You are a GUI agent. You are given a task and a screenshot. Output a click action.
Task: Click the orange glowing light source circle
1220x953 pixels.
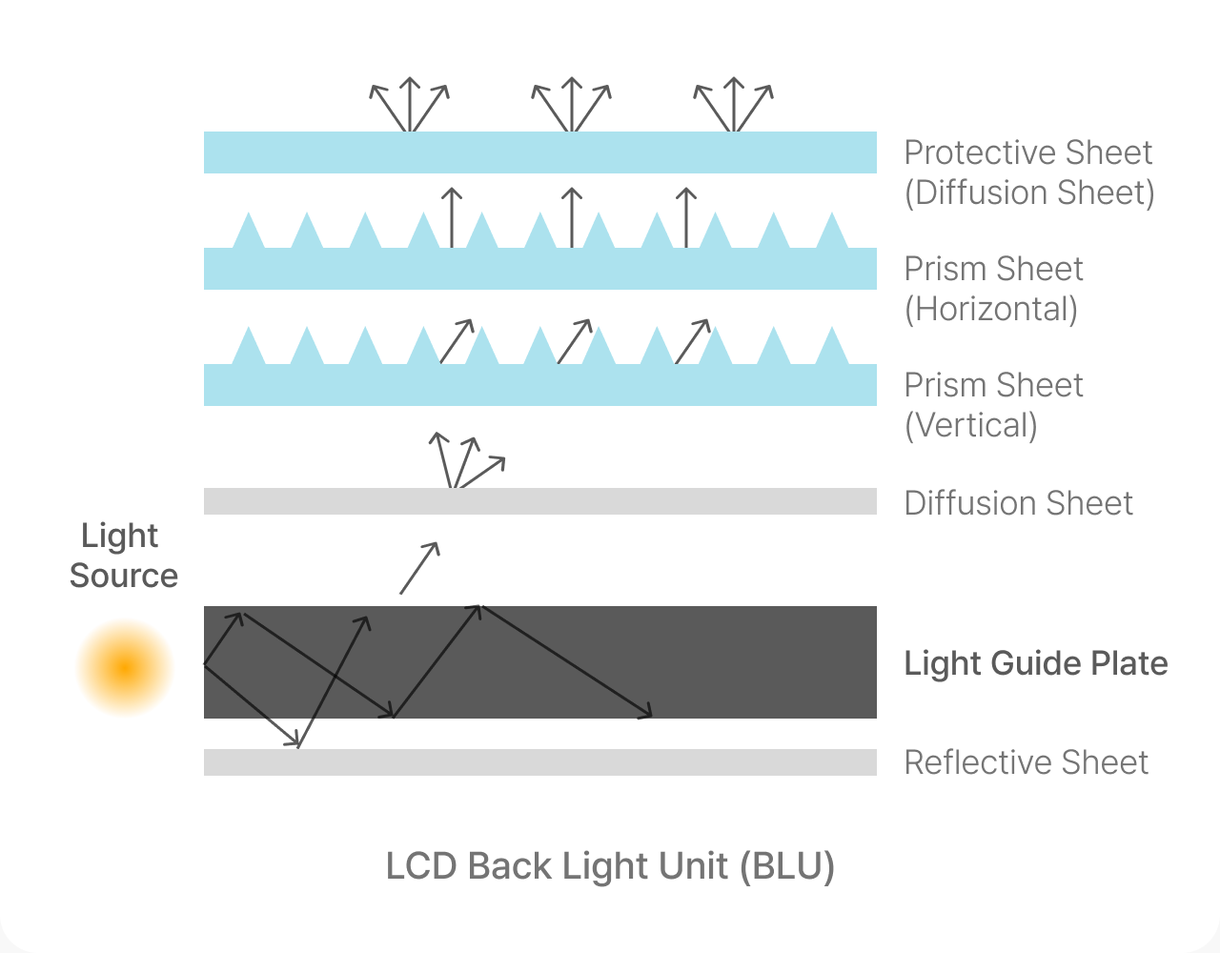point(125,668)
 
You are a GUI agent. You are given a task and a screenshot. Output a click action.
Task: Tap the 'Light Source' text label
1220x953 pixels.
point(124,555)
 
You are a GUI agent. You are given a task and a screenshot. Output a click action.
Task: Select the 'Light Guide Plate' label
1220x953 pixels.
point(1036,663)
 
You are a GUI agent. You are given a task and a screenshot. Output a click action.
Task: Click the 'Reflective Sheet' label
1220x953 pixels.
point(1027,762)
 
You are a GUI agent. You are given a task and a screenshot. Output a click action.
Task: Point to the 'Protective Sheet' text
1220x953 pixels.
point(1028,152)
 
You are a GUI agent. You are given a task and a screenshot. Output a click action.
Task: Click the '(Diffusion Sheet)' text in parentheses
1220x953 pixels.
point(1029,193)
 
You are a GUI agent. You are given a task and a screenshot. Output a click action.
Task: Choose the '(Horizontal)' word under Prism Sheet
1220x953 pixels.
point(991,309)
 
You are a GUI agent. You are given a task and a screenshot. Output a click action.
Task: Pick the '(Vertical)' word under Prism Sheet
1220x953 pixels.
point(970,425)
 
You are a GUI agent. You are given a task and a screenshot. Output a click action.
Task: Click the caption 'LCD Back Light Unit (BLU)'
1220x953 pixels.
point(610,866)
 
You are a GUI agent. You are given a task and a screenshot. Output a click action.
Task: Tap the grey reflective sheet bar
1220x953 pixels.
point(540,762)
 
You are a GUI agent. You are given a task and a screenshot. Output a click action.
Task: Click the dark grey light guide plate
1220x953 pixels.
point(540,662)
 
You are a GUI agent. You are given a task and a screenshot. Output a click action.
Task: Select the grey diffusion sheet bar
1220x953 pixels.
point(540,501)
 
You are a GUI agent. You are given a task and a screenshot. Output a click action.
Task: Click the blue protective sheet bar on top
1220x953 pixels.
point(540,152)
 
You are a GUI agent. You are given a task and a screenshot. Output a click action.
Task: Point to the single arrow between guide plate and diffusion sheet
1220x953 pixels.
point(419,567)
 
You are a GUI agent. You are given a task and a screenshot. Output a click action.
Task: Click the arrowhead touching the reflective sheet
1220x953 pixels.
point(294,740)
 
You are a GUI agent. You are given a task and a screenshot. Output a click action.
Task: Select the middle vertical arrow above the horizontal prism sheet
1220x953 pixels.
point(572,217)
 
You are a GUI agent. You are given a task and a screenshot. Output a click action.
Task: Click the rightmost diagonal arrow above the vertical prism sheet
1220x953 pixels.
point(692,341)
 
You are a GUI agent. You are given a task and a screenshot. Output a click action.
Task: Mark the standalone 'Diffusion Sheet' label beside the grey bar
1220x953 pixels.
point(1019,503)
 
